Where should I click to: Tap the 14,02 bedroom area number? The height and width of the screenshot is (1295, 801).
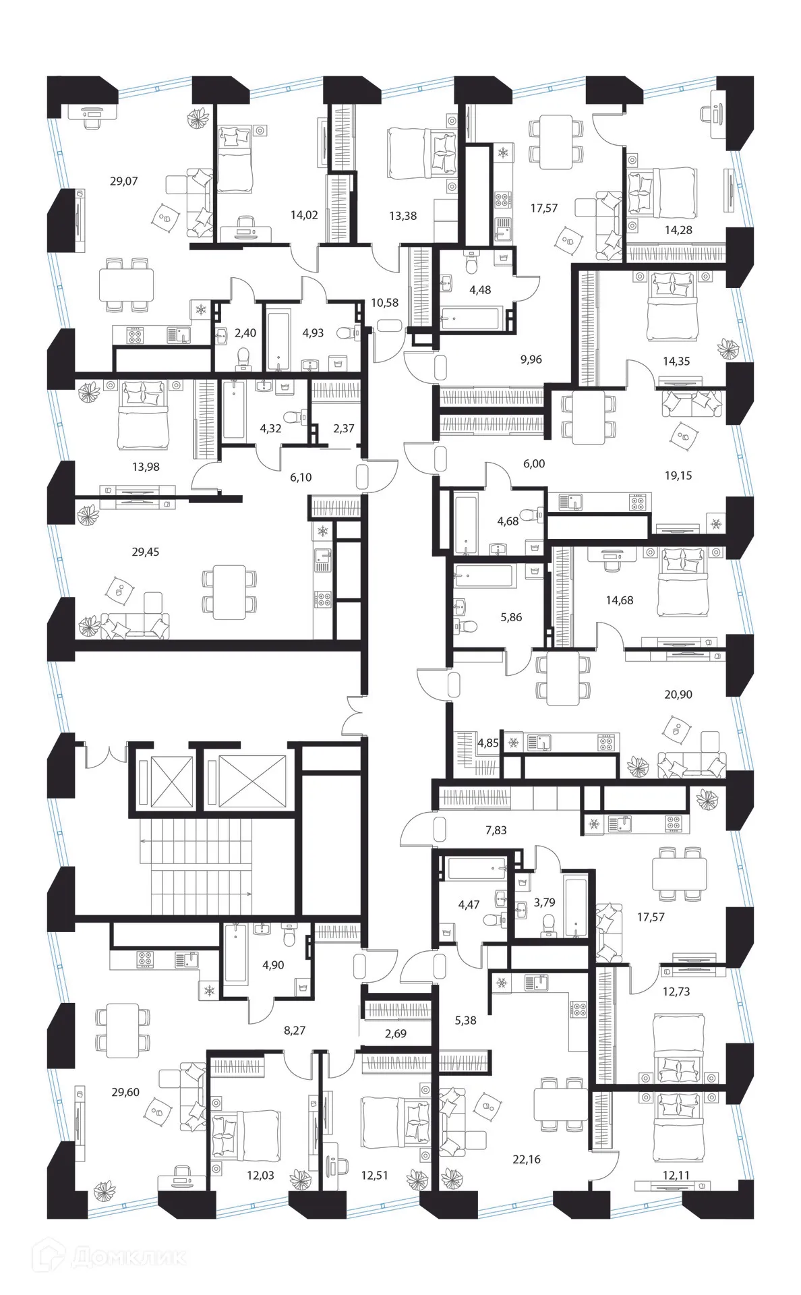(x=304, y=216)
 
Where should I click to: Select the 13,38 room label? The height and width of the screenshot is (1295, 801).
(x=403, y=216)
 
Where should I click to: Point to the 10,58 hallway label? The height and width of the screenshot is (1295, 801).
(x=384, y=303)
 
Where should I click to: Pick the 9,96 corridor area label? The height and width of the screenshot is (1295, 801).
(x=531, y=359)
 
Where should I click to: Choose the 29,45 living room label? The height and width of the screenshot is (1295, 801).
(x=146, y=552)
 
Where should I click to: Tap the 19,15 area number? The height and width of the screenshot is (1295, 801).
(x=678, y=476)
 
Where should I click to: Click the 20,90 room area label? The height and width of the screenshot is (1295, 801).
(x=678, y=694)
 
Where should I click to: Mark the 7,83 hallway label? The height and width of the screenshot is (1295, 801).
(x=496, y=830)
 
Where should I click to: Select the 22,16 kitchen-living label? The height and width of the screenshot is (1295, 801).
(x=527, y=1159)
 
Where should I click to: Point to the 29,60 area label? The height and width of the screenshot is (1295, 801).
(x=126, y=1092)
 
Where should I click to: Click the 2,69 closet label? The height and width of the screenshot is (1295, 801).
(x=396, y=1033)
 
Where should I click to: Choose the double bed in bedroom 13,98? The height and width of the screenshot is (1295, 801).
(x=142, y=418)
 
